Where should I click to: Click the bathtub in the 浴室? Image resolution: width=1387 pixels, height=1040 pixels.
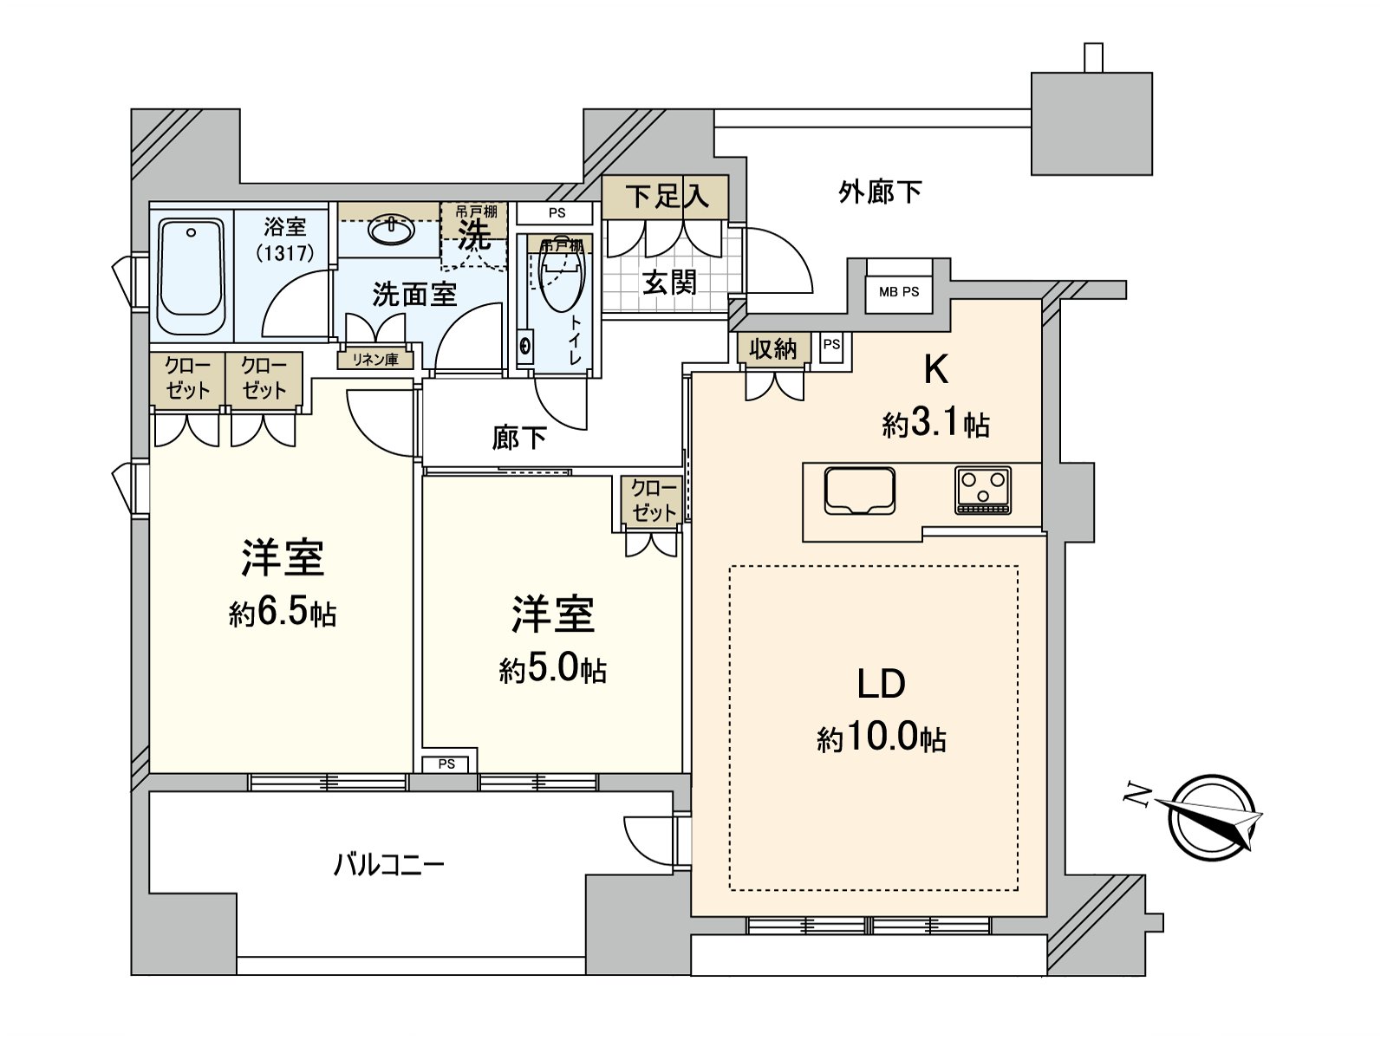(192, 276)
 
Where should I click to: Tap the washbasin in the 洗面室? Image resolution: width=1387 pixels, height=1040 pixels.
(392, 230)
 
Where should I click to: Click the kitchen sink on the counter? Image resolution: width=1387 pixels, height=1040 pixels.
(860, 491)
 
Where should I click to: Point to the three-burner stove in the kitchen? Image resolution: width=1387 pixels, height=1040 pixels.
(983, 491)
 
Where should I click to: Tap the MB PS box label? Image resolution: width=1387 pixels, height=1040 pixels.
(899, 292)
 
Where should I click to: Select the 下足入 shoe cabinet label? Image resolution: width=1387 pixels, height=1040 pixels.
(667, 196)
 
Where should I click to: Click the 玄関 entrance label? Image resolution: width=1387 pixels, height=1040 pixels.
(669, 282)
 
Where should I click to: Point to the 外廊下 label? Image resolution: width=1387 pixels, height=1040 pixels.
(880, 192)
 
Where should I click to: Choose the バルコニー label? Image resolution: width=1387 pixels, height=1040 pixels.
(389, 864)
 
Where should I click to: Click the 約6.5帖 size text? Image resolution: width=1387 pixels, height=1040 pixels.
(283, 614)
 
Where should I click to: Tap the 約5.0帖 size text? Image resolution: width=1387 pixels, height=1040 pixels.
(552, 669)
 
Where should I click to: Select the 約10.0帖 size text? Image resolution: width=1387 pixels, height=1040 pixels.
(881, 738)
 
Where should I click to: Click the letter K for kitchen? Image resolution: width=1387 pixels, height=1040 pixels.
(935, 370)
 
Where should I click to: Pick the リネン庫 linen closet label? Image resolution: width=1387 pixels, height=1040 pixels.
(375, 359)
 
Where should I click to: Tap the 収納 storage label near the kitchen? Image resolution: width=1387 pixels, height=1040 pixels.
(772, 348)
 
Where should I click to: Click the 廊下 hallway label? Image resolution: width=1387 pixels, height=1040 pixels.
(519, 439)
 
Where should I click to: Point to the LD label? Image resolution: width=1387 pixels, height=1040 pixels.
(882, 684)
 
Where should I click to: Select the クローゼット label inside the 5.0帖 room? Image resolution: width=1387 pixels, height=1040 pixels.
(654, 500)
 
